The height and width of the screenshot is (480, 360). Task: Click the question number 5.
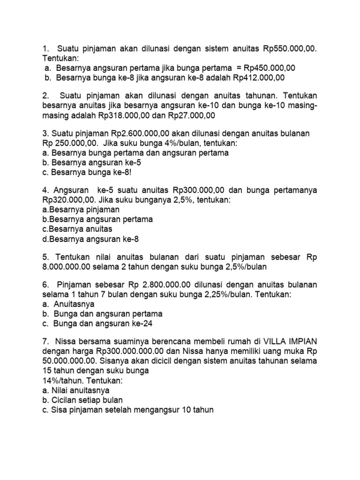pyautogui.click(x=45, y=257)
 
